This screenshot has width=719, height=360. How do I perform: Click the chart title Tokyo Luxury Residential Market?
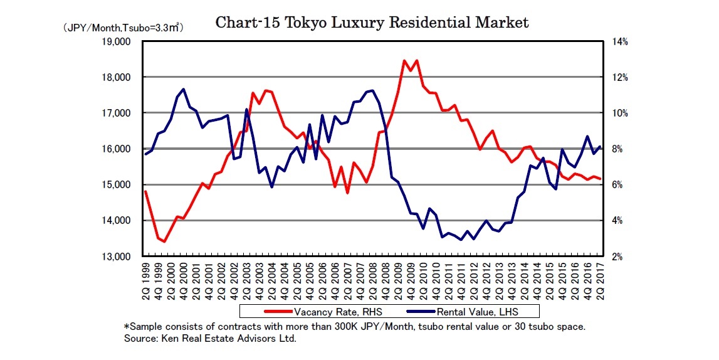372,23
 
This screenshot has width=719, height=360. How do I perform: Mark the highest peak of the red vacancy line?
404,61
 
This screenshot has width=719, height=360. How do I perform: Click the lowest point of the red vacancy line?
164,241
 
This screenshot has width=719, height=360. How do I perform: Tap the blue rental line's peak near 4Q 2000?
183,89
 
